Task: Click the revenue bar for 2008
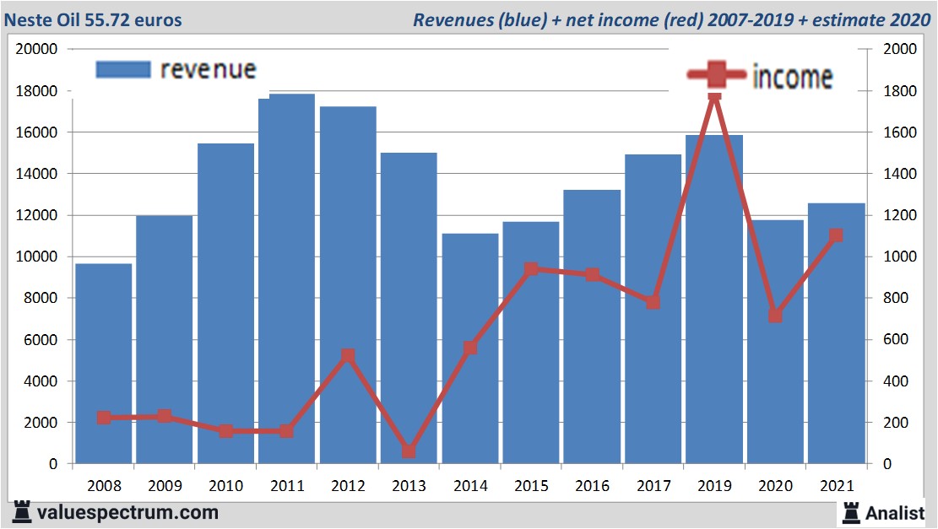pyautogui.click(x=104, y=363)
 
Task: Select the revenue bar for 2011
pyautogui.click(x=286, y=278)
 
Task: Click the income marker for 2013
pyautogui.click(x=409, y=451)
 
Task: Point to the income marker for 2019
pyautogui.click(x=714, y=95)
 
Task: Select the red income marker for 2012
pyautogui.click(x=348, y=356)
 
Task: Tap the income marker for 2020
pyautogui.click(x=775, y=315)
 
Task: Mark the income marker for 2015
pyautogui.click(x=531, y=269)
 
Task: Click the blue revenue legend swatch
pyautogui.click(x=122, y=69)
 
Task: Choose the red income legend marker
pyautogui.click(x=716, y=75)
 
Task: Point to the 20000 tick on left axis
pyautogui.click(x=37, y=49)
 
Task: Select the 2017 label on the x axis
pyautogui.click(x=653, y=486)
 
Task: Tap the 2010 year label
pyautogui.click(x=225, y=486)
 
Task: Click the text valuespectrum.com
pyautogui.click(x=127, y=512)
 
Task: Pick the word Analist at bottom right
pyautogui.click(x=896, y=512)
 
